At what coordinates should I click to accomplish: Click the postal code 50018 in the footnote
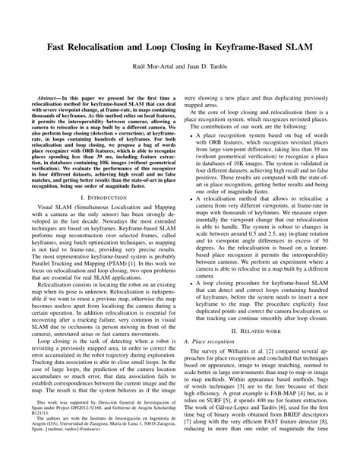(x=138, y=445)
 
